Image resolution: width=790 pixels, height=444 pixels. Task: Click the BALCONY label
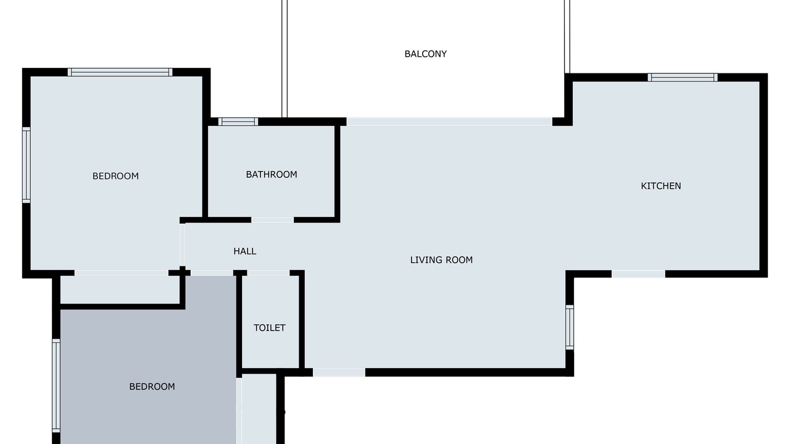click(x=425, y=54)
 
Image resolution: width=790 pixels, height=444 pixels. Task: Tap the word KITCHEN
click(x=660, y=186)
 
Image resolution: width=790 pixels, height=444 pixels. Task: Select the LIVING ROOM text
click(x=441, y=260)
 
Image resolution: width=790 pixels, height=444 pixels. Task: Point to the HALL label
click(x=245, y=251)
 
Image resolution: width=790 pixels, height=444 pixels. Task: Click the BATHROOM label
click(x=271, y=175)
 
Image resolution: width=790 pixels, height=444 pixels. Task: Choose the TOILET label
click(x=270, y=327)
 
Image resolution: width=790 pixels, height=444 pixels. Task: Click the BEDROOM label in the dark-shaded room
click(x=152, y=387)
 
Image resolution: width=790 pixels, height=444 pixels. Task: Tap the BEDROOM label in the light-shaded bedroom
click(x=115, y=176)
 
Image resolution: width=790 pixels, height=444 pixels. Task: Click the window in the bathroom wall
click(x=238, y=121)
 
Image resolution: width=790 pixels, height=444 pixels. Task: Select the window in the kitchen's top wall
click(x=683, y=78)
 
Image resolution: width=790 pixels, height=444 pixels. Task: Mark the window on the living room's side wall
click(x=570, y=327)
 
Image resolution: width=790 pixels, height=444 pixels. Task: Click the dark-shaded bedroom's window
click(x=56, y=385)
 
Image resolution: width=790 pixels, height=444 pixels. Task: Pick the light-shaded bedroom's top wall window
click(x=120, y=72)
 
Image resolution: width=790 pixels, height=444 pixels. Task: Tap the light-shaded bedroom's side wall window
click(x=27, y=165)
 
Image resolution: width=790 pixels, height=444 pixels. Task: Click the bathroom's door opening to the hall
click(x=272, y=220)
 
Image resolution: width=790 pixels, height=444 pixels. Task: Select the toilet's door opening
click(x=268, y=273)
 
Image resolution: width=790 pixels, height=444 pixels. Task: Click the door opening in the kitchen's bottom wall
click(x=638, y=274)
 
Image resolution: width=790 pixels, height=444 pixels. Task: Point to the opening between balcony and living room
click(x=449, y=121)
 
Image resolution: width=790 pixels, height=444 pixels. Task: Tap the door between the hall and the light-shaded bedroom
click(x=182, y=245)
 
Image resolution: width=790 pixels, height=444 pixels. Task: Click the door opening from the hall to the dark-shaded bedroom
click(x=212, y=273)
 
